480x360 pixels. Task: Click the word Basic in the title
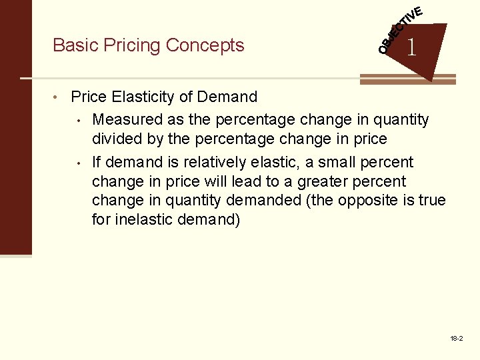(73, 45)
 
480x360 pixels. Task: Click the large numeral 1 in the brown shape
(413, 47)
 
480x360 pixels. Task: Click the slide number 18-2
(457, 339)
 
